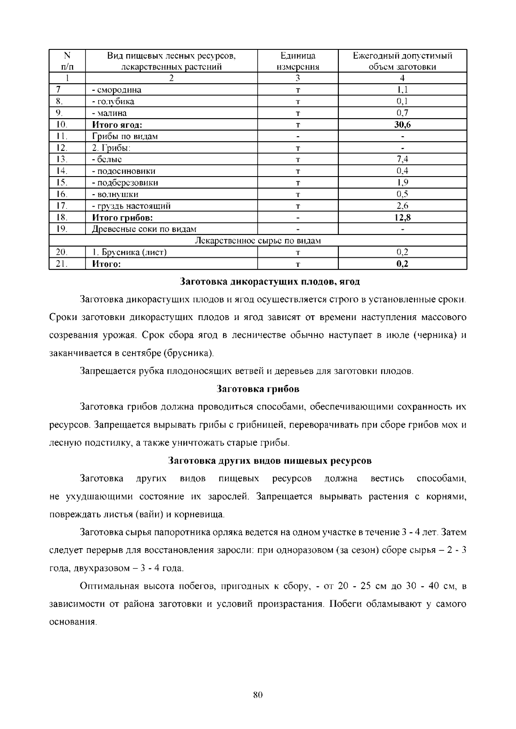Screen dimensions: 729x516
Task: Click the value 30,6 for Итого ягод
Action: (402, 125)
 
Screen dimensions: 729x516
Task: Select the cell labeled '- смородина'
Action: (117, 90)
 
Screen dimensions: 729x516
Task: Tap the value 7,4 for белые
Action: (402, 159)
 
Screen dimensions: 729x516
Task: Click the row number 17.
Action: (62, 206)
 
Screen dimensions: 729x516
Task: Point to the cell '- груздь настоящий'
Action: (131, 206)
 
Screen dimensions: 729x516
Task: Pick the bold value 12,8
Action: (402, 217)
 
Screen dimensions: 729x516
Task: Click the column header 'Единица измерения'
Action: (298, 61)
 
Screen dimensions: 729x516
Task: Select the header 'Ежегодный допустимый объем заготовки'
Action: (402, 61)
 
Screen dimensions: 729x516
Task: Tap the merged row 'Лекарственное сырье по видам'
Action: (258, 241)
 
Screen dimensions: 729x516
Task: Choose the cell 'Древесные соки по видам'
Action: (144, 229)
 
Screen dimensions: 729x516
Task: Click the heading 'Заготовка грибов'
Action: (258, 389)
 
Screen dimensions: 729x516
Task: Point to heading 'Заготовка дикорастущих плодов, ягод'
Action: (269, 282)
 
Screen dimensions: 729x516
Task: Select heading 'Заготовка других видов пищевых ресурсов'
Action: (269, 461)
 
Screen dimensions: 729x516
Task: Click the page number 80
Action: (258, 695)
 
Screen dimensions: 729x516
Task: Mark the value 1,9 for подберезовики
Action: (402, 183)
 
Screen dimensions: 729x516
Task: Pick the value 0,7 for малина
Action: (402, 113)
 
